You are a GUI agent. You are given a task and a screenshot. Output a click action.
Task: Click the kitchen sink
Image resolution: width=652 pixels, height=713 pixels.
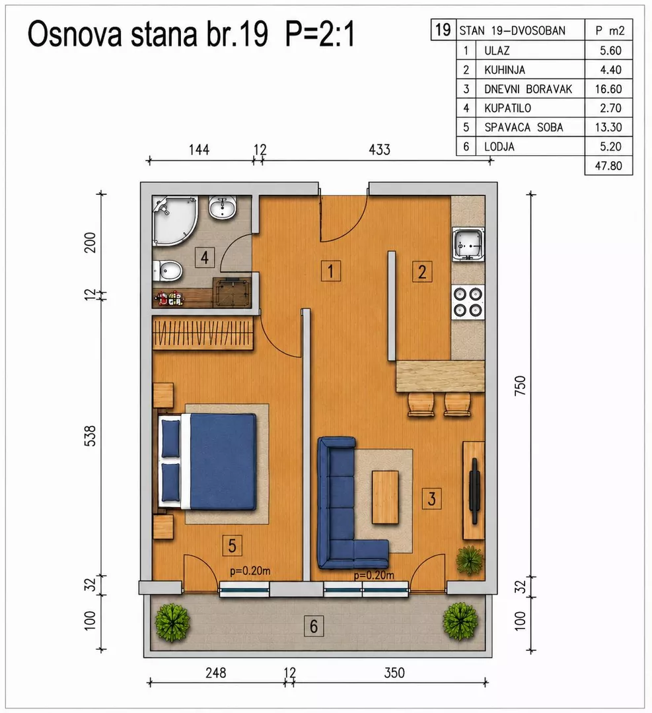(x=468, y=245)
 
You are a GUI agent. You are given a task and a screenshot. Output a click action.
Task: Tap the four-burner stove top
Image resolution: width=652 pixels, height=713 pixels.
(x=468, y=302)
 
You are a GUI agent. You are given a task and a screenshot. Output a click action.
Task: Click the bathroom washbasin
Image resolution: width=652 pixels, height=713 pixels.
(x=223, y=209)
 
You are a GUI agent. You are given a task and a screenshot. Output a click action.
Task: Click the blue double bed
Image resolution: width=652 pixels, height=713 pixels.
(x=207, y=461)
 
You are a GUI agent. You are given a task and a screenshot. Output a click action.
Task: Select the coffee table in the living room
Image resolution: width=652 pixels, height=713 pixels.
(x=385, y=497)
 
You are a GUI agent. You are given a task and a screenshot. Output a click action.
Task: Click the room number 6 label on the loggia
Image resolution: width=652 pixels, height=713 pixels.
(x=314, y=626)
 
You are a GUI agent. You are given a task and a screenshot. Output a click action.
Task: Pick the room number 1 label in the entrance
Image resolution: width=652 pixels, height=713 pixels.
(x=331, y=271)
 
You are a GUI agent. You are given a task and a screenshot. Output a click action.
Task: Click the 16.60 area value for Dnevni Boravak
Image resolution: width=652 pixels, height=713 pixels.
(x=608, y=88)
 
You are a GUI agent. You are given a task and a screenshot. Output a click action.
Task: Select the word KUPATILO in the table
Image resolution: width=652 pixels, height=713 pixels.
(x=507, y=108)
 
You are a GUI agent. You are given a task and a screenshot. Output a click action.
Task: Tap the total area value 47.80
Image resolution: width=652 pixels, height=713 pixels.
(x=608, y=166)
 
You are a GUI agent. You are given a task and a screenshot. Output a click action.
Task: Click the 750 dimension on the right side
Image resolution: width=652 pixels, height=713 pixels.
(x=520, y=386)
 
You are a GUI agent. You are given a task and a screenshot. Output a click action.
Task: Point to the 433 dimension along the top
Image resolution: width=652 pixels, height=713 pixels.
(x=379, y=150)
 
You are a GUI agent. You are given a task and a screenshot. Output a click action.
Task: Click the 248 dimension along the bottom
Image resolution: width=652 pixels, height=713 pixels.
(x=215, y=673)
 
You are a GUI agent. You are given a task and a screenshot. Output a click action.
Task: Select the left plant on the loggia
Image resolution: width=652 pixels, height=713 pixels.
(x=172, y=623)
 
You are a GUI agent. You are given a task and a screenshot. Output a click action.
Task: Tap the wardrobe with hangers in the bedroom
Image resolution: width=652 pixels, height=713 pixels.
(x=203, y=333)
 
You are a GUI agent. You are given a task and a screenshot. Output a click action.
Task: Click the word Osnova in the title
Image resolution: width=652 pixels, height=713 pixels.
(x=75, y=34)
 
